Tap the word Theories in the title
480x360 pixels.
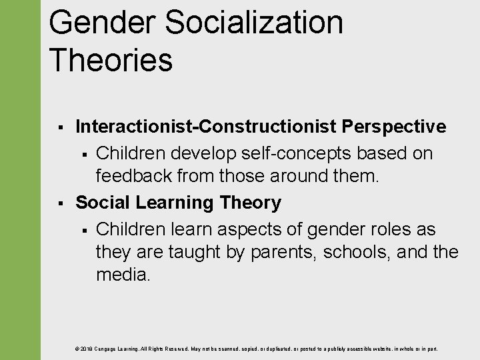pyautogui.click(x=111, y=59)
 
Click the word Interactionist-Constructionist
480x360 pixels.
pyautogui.click(x=207, y=126)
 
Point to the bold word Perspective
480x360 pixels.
pyautogui.click(x=394, y=126)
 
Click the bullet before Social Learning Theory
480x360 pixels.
pyautogui.click(x=60, y=203)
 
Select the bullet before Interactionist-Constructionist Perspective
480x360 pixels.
pyautogui.click(x=60, y=127)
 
